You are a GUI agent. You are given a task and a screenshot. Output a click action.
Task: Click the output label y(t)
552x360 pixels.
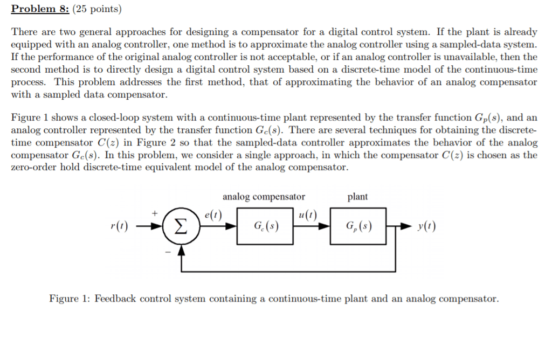pos(426,226)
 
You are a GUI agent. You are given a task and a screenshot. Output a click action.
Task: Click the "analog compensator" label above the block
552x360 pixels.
pos(264,197)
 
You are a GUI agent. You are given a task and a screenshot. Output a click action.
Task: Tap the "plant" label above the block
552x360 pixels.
pos(357,197)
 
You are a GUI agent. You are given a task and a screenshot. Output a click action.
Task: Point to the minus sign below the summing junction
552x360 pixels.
pos(167,251)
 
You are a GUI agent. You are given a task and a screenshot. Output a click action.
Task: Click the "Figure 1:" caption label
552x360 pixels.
pos(70,298)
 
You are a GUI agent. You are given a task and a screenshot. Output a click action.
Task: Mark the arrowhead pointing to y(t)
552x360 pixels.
pos(408,226)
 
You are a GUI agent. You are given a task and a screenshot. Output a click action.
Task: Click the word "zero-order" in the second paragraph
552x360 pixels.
pos(33,168)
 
